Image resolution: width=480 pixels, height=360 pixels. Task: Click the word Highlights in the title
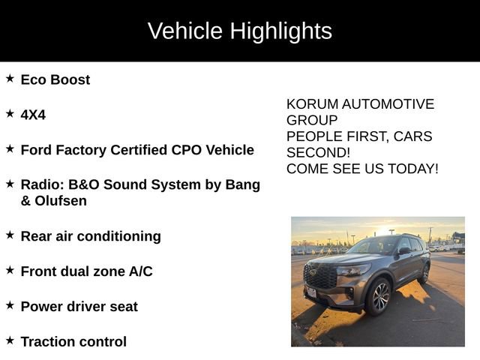point(280,31)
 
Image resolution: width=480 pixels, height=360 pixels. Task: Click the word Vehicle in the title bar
point(185,31)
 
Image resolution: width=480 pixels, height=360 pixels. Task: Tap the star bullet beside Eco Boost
point(10,78)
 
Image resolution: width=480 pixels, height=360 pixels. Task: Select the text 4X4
point(33,115)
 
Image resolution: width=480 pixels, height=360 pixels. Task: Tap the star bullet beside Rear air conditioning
point(10,235)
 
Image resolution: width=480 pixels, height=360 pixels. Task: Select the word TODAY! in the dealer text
point(413,169)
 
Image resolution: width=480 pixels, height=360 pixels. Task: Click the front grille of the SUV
point(320,277)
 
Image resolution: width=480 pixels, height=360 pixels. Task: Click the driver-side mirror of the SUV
point(403,251)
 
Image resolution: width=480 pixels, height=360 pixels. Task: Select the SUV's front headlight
point(352,270)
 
